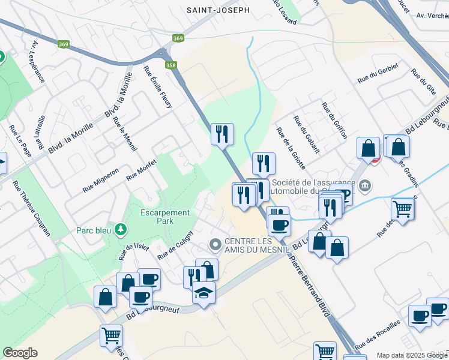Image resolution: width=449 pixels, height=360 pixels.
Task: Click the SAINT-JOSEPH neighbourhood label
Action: pos(217,10)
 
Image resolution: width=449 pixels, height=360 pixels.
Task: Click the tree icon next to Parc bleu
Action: pos(121,229)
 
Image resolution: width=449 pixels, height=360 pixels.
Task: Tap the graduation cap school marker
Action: pos(204,293)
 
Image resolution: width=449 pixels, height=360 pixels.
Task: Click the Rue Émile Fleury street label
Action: pos(158,87)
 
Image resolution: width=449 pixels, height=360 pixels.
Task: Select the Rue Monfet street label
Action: pos(141,170)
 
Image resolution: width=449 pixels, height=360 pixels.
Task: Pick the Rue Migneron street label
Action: pos(100,180)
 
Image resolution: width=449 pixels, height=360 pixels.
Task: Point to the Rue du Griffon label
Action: pos(334,120)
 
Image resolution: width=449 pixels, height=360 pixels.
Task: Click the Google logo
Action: pos(20,353)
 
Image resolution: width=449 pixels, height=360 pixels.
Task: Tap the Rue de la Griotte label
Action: pos(291,148)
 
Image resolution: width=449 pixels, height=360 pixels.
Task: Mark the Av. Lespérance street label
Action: pos(39,62)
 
